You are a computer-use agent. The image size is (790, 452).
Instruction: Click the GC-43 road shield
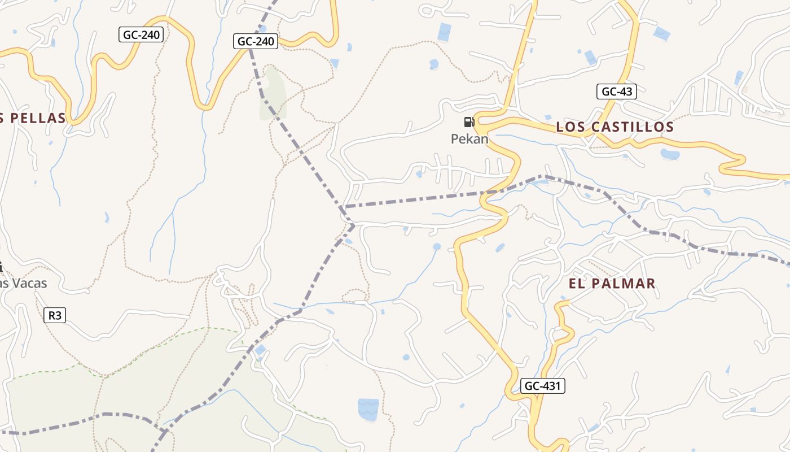[617, 92]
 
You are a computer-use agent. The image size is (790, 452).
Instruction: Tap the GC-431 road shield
[542, 386]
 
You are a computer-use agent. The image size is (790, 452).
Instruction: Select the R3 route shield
[55, 315]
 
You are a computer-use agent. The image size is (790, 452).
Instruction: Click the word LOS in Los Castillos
[569, 127]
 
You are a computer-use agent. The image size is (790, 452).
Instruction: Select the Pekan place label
[469, 138]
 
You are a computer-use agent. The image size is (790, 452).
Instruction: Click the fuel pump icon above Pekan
[468, 121]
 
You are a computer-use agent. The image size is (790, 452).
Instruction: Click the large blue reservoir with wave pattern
[368, 409]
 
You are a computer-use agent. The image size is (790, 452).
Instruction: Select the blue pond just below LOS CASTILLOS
[670, 154]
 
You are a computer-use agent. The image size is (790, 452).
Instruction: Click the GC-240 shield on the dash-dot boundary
[256, 41]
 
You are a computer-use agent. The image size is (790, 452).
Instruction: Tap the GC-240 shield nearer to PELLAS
[141, 34]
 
